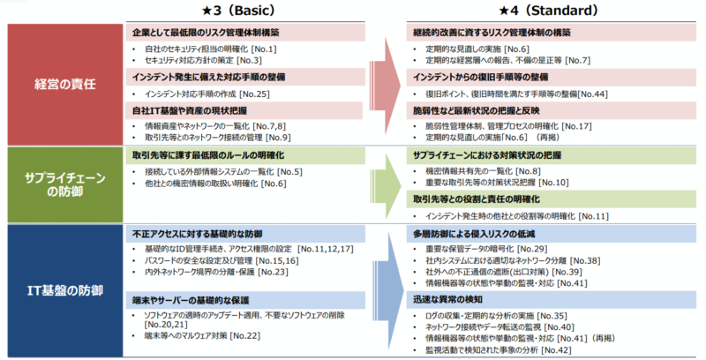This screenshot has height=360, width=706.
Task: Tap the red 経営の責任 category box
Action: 63,83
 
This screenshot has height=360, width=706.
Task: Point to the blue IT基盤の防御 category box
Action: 63,289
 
